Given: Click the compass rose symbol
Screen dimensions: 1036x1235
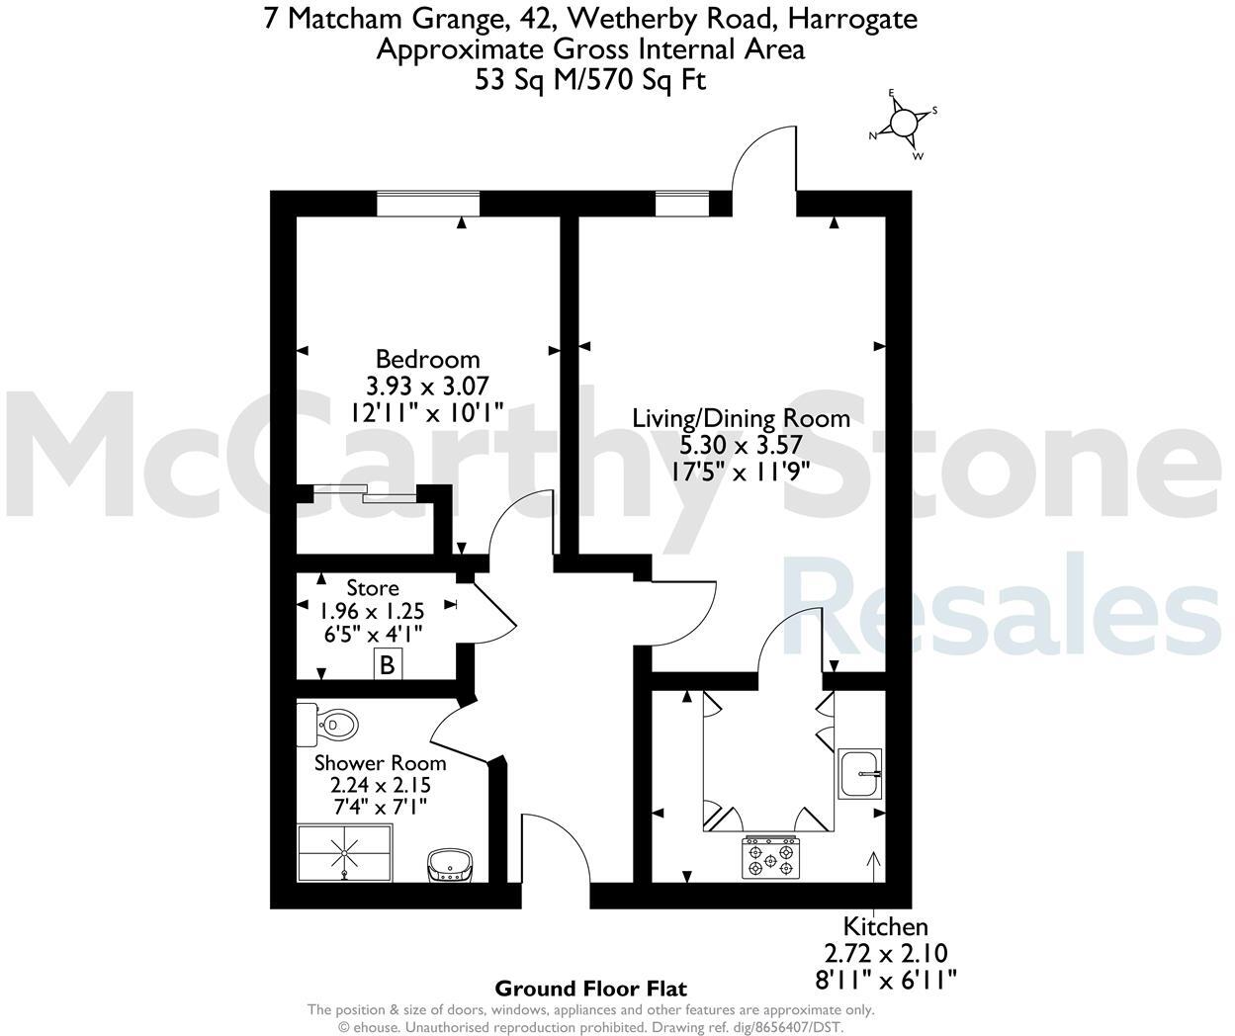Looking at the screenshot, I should [904, 123].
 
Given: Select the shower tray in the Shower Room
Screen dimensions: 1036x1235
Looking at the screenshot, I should [345, 851].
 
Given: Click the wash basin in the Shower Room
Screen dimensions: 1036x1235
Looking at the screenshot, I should [452, 865].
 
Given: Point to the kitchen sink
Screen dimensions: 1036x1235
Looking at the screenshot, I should [859, 773].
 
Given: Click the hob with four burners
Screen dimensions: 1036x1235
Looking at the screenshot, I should [770, 857].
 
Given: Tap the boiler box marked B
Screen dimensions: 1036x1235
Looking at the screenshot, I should [387, 665].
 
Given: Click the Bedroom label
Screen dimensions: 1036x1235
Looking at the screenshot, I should [427, 359].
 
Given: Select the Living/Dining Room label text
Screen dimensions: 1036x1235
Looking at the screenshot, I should [741, 418].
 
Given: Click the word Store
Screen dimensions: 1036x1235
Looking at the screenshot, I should [373, 589].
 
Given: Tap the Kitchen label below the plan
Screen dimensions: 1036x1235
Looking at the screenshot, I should [885, 926].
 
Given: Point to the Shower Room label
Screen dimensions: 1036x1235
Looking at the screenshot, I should [380, 763].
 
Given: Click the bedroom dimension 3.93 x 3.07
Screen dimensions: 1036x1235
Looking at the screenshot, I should [427, 386].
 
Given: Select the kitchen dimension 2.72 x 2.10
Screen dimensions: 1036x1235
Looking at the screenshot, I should [885, 953].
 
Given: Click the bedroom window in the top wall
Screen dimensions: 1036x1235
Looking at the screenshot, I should [428, 204].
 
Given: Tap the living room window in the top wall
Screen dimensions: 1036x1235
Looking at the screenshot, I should [681, 204].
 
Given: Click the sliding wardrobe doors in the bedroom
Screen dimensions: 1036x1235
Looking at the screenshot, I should [365, 492].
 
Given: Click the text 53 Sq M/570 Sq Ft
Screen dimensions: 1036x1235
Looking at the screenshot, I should [590, 80].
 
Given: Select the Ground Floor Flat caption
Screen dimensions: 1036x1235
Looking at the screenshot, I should [590, 988].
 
